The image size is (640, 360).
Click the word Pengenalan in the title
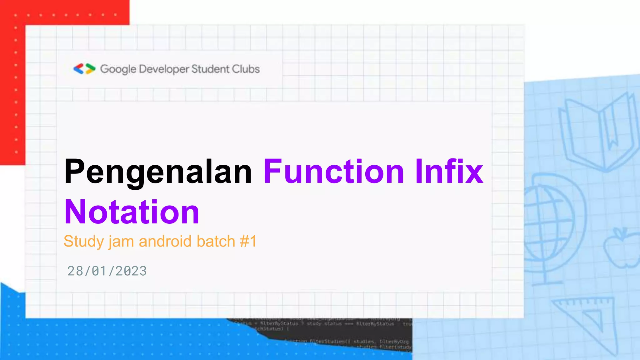click(158, 172)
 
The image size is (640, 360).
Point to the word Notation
click(132, 212)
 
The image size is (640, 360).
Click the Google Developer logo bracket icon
click(84, 69)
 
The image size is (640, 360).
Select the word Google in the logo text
click(118, 69)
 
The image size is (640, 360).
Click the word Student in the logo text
click(210, 69)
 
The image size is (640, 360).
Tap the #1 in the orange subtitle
click(248, 242)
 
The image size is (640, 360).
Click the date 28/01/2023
click(107, 271)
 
